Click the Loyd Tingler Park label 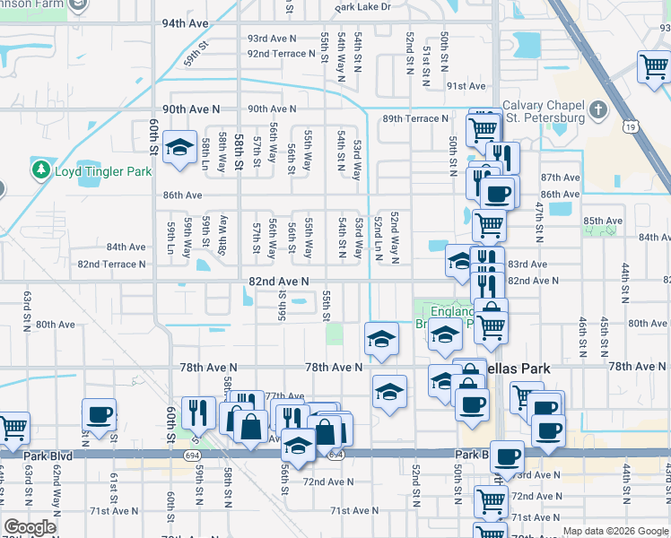pos(103,170)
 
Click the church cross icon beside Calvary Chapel pos(599,111)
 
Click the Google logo pos(30,526)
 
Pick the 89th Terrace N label pos(415,118)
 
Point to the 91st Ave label pos(466,86)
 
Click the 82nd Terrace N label pos(111,265)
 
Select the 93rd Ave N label pos(272,39)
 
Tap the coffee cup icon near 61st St pos(100,414)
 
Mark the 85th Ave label pos(602,221)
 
